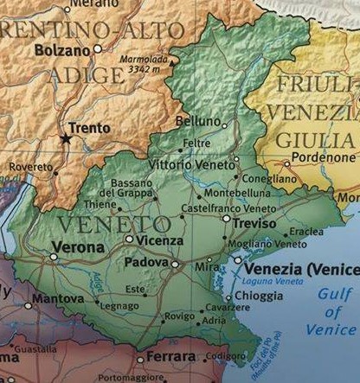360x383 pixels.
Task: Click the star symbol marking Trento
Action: pyautogui.click(x=65, y=137)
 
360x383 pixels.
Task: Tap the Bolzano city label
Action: pyautogui.click(x=62, y=50)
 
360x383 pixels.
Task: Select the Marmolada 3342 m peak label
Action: pyautogui.click(x=145, y=67)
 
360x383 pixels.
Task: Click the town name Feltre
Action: pyautogui.click(x=196, y=142)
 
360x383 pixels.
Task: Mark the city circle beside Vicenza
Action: pyautogui.click(x=129, y=239)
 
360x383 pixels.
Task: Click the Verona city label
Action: pyautogui.click(x=78, y=247)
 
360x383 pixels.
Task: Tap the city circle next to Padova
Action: pyautogui.click(x=175, y=265)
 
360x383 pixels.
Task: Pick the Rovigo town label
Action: pyautogui.click(x=179, y=316)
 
